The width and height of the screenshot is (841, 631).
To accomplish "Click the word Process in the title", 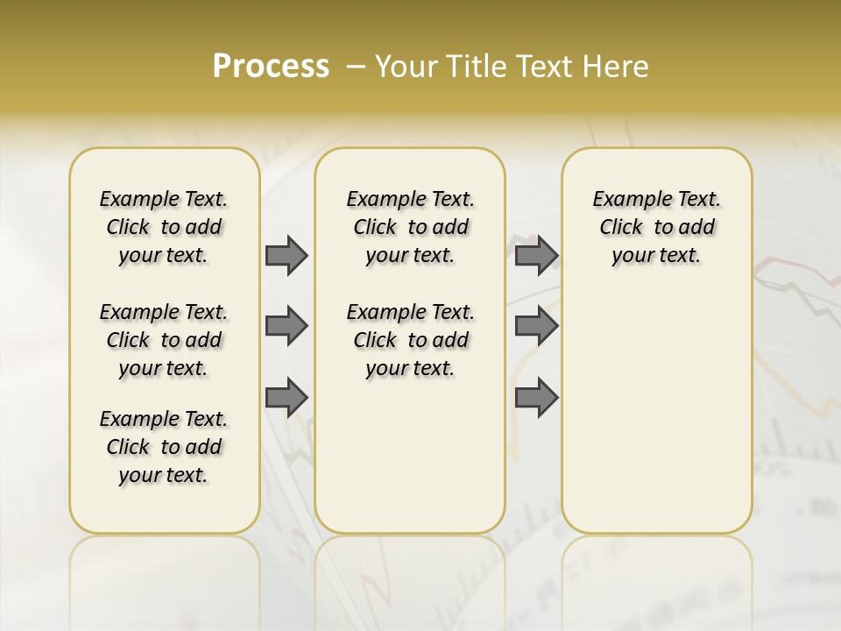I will pos(271,67).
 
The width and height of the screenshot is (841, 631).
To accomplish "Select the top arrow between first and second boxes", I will pos(286,256).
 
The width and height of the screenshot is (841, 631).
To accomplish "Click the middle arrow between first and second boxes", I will pos(286,326).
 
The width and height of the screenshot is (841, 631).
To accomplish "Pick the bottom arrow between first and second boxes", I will pos(286,397).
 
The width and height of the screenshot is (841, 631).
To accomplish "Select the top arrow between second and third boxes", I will pos(536,256).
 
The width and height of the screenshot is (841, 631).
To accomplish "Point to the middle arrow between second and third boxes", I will pos(536,326).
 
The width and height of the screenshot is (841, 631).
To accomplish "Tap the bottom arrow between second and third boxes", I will pos(536,397).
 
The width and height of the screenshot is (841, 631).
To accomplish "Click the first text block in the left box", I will pos(164,227).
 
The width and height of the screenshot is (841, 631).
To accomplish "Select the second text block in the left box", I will pos(164,340).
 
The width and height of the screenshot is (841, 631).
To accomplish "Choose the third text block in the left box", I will pos(164,447).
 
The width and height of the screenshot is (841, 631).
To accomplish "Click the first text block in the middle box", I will pos(410,227).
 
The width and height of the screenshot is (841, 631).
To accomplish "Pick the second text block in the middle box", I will pos(410,340).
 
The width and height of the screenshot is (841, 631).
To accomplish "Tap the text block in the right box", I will pos(656,227).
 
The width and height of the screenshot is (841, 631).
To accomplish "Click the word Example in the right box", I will pos(625,200).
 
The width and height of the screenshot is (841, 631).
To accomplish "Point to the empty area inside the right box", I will pos(656,403).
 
